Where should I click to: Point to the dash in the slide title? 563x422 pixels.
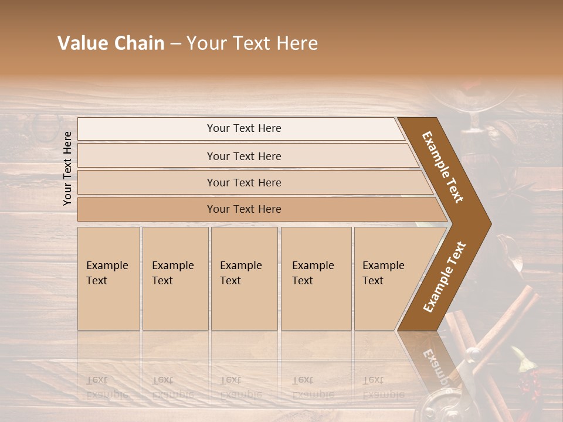175,44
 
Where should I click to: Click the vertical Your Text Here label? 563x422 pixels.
67,168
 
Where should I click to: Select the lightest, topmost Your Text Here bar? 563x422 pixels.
243,128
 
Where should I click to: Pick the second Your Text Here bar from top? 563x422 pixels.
243,156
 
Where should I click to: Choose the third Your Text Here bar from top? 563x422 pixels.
243,182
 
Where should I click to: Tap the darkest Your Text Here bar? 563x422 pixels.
243,209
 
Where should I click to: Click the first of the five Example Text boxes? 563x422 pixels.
108,278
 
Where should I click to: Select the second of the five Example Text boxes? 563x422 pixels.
175,278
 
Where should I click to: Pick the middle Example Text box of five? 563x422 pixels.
244,278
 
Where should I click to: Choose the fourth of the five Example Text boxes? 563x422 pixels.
316,278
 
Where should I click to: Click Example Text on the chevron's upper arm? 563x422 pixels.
443,167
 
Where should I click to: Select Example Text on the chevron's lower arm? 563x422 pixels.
444,277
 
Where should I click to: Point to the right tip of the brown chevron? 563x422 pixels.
490,223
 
